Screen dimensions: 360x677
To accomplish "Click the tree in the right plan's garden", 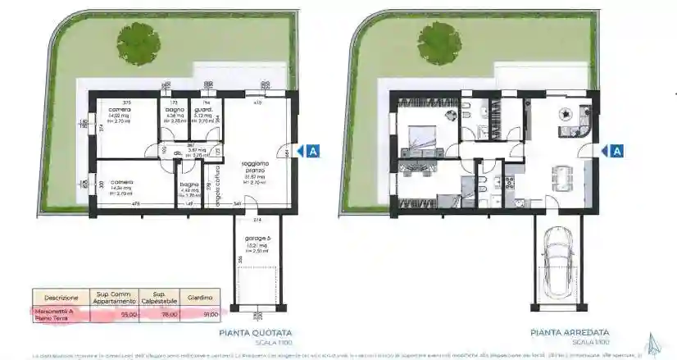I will point(440,41).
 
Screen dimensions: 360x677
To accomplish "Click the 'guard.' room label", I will point(202,109).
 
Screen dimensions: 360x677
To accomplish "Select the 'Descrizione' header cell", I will point(61,297).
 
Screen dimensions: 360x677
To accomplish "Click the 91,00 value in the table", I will point(211,313).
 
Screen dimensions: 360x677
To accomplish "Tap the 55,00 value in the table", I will point(127,313).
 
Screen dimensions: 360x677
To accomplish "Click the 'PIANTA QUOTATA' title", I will point(255,333).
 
